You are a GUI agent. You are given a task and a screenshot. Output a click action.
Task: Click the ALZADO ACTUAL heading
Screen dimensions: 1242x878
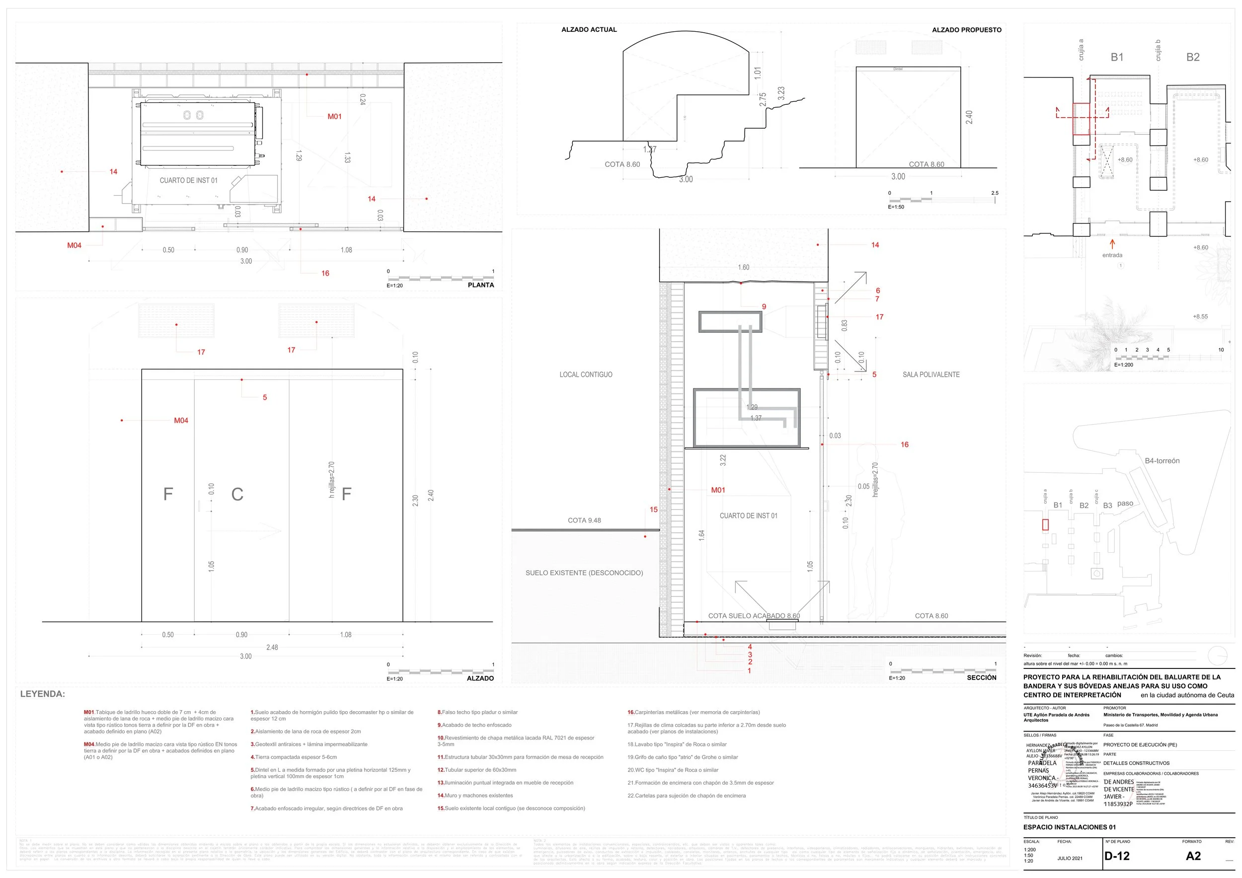pyautogui.click(x=589, y=30)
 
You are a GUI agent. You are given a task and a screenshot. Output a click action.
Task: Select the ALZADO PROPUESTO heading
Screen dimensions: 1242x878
pyautogui.click(x=966, y=30)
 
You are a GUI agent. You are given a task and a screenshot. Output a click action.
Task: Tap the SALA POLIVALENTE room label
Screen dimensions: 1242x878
pyautogui.click(x=931, y=374)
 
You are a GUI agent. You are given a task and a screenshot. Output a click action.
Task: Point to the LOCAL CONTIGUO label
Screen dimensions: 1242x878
pyautogui.click(x=586, y=374)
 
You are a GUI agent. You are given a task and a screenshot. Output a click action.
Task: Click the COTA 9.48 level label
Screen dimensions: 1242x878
pyautogui.click(x=584, y=520)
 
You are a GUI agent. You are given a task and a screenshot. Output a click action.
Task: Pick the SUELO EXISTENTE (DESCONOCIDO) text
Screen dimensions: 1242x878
pyautogui.click(x=584, y=573)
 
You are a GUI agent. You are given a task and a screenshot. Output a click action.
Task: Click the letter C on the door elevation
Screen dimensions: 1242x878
pyautogui.click(x=237, y=494)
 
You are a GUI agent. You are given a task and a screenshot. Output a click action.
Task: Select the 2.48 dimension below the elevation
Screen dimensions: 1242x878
pyautogui.click(x=272, y=647)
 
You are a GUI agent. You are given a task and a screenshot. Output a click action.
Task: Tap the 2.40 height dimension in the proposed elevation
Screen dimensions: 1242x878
pyautogui.click(x=969, y=117)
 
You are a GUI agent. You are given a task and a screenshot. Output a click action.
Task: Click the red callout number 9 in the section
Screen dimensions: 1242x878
pyautogui.click(x=764, y=306)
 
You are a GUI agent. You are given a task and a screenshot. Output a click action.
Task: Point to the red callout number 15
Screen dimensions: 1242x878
pyautogui.click(x=653, y=510)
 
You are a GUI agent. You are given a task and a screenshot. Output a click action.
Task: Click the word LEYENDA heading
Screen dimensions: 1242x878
pyautogui.click(x=42, y=694)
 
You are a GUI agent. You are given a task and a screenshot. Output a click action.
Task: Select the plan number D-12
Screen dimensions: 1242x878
pyautogui.click(x=1117, y=856)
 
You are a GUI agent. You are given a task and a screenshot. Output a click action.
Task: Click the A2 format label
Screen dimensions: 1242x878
pyautogui.click(x=1193, y=856)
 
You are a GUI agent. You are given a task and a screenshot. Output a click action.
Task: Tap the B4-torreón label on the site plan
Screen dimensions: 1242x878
pyautogui.click(x=1162, y=461)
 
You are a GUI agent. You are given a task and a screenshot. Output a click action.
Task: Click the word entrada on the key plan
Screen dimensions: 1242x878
pyautogui.click(x=1112, y=255)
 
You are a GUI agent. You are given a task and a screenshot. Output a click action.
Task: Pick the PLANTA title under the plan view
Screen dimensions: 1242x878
pyautogui.click(x=480, y=285)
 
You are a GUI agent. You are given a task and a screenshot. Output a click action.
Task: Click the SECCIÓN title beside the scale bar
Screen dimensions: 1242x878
pyautogui.click(x=981, y=677)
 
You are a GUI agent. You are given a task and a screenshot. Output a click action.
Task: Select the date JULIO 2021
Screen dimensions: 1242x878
pyautogui.click(x=1070, y=858)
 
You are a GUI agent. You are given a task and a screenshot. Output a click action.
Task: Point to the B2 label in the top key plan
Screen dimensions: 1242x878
pyautogui.click(x=1193, y=57)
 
